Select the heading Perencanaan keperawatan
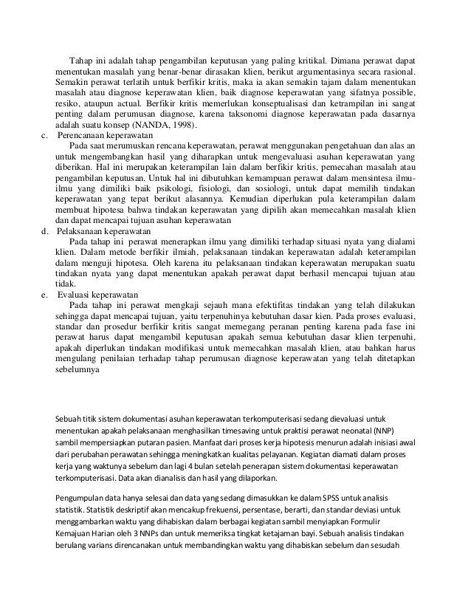pyautogui.click(x=108, y=137)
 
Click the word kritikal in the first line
pyautogui.click(x=306, y=59)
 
